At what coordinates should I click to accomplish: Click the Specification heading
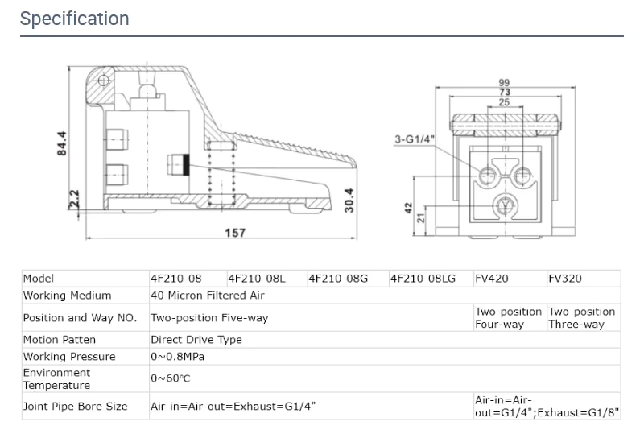[74, 19]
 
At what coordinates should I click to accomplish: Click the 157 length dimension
[234, 233]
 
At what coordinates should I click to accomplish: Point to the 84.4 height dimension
[63, 144]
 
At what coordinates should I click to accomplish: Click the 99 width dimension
[504, 83]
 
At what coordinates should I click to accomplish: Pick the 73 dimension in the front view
[504, 93]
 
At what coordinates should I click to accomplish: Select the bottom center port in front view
[504, 205]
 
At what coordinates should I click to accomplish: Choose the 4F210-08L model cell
[257, 279]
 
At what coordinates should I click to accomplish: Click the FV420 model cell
[491, 279]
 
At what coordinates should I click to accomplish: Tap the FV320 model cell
[564, 279]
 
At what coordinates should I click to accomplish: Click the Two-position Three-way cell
[582, 318]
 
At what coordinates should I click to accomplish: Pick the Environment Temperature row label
[56, 379]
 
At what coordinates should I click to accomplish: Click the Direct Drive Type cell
[196, 340]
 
